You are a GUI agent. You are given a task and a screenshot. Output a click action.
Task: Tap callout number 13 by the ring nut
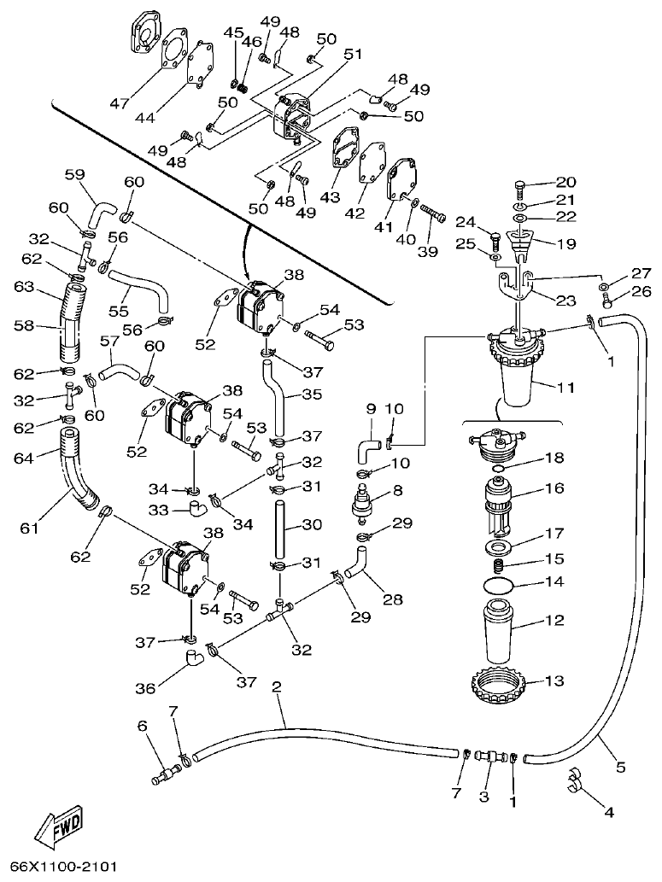point(555,680)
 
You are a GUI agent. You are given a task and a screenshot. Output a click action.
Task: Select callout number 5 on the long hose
point(621,767)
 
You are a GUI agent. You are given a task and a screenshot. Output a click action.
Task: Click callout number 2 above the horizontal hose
point(275,686)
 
